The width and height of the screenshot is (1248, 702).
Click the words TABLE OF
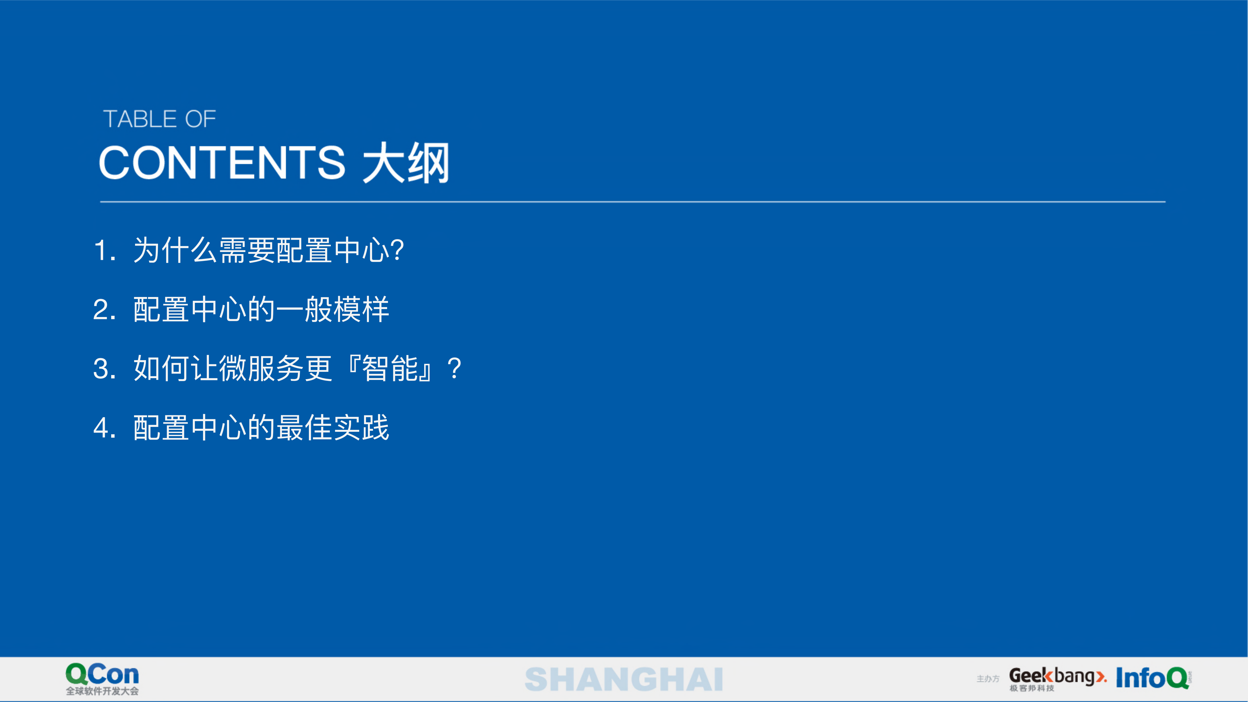159,119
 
